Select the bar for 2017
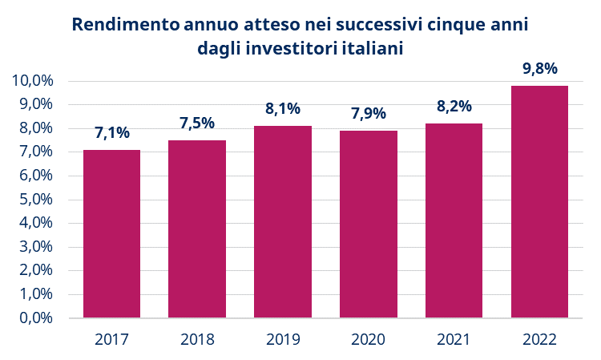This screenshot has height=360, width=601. click(111, 233)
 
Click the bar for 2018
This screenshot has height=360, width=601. click(197, 229)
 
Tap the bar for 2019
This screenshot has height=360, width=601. click(283, 221)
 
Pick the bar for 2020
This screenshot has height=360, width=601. click(369, 224)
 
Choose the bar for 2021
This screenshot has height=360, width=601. click(454, 220)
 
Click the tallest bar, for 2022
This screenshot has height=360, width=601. click(539, 201)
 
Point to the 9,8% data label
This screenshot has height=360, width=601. click(539, 69)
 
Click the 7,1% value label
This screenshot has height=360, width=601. click(111, 133)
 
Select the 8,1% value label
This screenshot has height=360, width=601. click(283, 109)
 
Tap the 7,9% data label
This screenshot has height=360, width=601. click(369, 114)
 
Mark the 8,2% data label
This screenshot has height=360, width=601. click(454, 107)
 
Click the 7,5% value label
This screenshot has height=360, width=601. click(197, 123)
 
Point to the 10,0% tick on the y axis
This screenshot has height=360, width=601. click(33, 81)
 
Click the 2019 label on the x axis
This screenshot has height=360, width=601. click(283, 339)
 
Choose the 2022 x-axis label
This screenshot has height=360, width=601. click(539, 339)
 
